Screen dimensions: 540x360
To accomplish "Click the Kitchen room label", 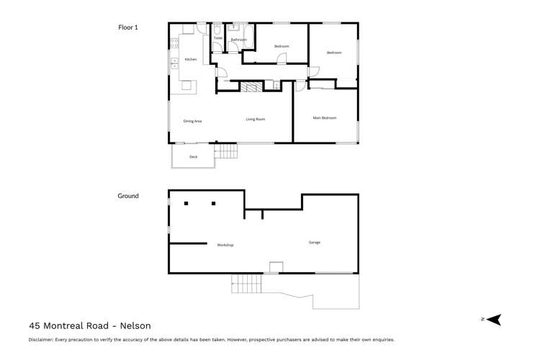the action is [191, 59].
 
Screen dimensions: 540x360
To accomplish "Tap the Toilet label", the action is [218, 38].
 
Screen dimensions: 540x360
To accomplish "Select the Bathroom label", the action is [238, 40].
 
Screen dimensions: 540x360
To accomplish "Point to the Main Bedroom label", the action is [325, 118].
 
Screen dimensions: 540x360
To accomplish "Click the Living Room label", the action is [255, 120].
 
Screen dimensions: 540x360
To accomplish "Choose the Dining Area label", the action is [192, 121].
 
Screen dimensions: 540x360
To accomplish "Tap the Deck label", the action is [194, 157].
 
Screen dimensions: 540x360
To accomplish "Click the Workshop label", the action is [225, 245].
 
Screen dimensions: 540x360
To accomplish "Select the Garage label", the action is [315, 243].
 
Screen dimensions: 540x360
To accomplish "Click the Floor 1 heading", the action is [127, 27].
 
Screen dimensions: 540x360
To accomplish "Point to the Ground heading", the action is [128, 196].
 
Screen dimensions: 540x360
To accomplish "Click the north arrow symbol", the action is [495, 320].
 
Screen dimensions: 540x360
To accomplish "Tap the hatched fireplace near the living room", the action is [251, 86].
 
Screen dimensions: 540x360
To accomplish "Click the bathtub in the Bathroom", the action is [248, 36].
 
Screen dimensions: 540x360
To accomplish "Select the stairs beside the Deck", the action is [226, 151].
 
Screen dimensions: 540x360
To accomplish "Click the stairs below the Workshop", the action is [246, 284].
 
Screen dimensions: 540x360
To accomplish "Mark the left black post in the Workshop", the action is [186, 204].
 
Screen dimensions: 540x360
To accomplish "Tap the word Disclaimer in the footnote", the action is [41, 340].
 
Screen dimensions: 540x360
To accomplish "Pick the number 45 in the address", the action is [34, 325].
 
